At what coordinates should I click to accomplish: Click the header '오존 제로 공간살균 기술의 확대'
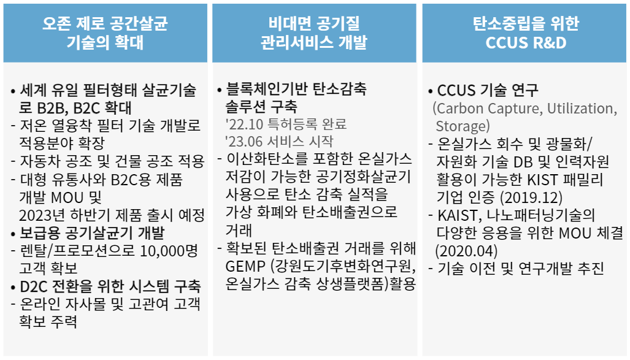tap(105, 33)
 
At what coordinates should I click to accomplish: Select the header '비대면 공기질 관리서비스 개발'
tap(314, 33)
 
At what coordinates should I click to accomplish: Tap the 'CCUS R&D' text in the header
tap(526, 42)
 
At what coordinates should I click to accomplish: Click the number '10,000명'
tap(169, 251)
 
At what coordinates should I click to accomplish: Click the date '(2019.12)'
tap(531, 197)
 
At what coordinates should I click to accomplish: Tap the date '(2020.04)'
tap(466, 251)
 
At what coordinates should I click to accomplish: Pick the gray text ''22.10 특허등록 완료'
tap(286, 124)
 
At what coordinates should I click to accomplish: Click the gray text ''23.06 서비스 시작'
tap(279, 142)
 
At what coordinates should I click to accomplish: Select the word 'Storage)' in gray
tap(463, 126)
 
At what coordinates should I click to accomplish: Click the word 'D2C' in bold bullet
tap(34, 286)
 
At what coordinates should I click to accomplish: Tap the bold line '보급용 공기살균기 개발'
tap(92, 233)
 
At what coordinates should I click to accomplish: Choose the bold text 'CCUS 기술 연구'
tap(487, 90)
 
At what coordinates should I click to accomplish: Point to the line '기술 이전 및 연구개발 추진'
tap(520, 268)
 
